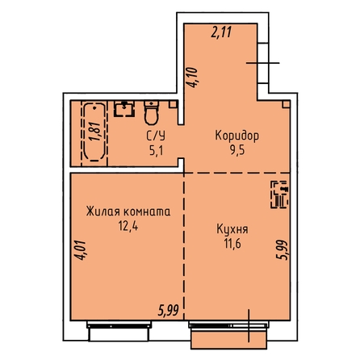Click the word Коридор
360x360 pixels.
tap(237, 136)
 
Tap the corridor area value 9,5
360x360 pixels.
tap(237, 150)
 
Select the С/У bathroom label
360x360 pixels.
tap(156, 136)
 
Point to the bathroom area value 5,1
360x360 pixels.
tap(156, 151)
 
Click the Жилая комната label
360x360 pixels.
tap(128, 211)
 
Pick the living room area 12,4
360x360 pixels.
tap(128, 226)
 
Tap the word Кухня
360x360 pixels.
tap(232, 229)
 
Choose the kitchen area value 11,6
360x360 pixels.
tap(232, 244)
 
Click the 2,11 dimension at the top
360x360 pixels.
tap(221, 32)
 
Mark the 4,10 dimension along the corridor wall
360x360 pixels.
tap(193, 77)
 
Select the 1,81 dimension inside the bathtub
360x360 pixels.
tap(95, 132)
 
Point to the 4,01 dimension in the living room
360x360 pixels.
tap(81, 250)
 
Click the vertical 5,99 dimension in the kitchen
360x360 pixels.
tap(283, 249)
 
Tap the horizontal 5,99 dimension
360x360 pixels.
tap(169, 312)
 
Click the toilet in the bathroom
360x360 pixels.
tap(152, 113)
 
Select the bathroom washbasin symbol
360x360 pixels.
tap(124, 109)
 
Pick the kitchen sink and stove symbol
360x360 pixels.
tap(279, 195)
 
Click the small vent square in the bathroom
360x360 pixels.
tap(173, 104)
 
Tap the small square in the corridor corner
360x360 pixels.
tap(286, 104)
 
